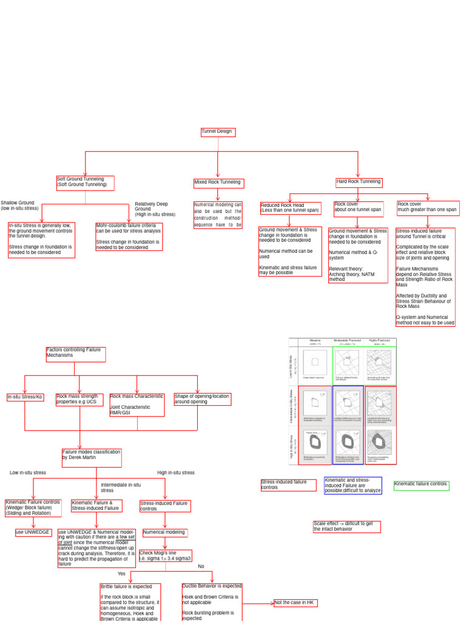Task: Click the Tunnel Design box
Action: tap(217, 132)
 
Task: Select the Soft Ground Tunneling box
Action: tap(85, 183)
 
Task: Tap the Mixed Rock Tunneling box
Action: tap(217, 183)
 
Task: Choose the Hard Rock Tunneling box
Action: tap(359, 182)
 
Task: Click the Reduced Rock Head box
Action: tap(289, 209)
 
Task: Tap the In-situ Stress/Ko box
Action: tap(25, 397)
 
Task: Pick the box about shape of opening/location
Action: tap(202, 399)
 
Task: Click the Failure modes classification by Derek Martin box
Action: tap(92, 458)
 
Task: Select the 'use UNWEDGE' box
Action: tap(33, 532)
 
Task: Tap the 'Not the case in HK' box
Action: tap(295, 603)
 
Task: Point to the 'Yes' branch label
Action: tap(122, 573)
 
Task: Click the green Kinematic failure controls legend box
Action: tap(421, 485)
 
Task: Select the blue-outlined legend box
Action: tap(353, 486)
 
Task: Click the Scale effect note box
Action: tap(346, 526)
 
